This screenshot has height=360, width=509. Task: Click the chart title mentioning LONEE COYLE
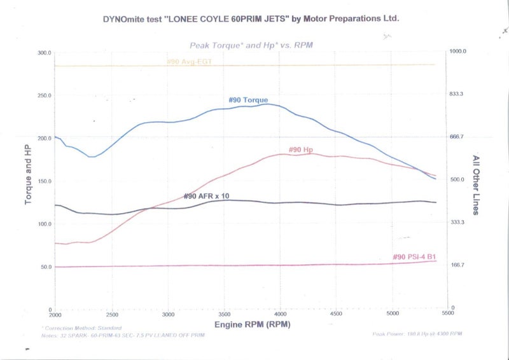click(x=250, y=19)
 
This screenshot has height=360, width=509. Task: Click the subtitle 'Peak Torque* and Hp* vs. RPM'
click(x=253, y=45)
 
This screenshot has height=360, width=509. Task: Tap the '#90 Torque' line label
click(x=248, y=100)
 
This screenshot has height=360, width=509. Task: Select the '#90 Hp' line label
click(x=301, y=149)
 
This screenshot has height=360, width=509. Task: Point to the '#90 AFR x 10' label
click(x=206, y=196)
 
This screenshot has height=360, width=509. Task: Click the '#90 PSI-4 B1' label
click(x=414, y=257)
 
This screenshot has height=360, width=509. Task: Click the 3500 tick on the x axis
click(x=224, y=314)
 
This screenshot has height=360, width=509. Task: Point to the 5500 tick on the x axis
click(x=448, y=314)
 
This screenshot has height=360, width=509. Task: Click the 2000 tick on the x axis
click(x=56, y=314)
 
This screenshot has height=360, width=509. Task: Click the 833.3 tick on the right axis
click(x=459, y=93)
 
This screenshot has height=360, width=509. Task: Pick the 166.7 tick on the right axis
click(x=459, y=265)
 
